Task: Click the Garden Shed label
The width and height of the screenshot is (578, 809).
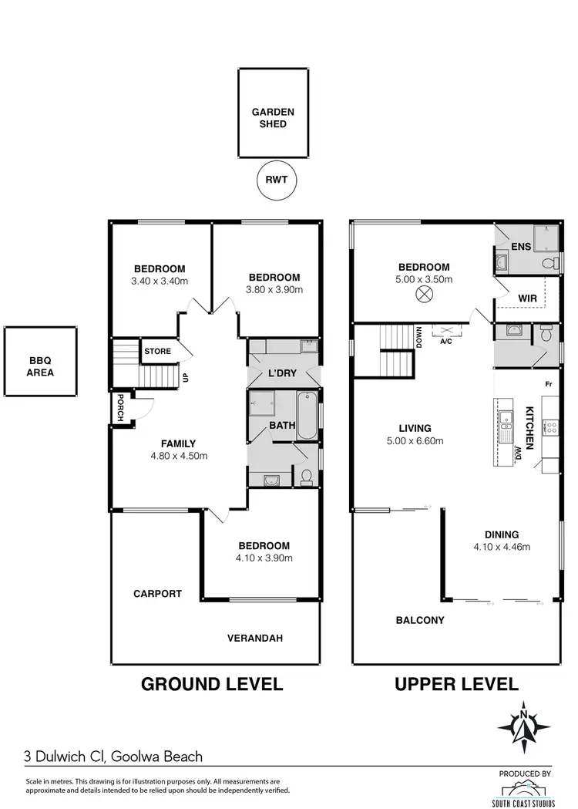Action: (273, 117)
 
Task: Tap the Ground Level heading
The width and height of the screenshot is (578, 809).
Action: (211, 683)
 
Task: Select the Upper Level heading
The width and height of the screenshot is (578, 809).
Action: (456, 683)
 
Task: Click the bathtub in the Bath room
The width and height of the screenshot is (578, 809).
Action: (305, 416)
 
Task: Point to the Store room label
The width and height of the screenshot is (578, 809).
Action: (157, 352)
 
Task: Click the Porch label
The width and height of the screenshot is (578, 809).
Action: (119, 409)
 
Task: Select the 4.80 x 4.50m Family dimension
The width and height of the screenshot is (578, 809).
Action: (178, 455)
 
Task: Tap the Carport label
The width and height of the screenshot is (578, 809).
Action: (157, 594)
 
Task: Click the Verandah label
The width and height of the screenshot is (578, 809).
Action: (255, 638)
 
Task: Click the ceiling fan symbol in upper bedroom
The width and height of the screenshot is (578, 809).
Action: (423, 294)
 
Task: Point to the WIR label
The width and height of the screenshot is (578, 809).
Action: (527, 296)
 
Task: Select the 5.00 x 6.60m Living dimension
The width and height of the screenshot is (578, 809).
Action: (415, 440)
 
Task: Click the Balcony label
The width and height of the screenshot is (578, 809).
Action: (420, 620)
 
